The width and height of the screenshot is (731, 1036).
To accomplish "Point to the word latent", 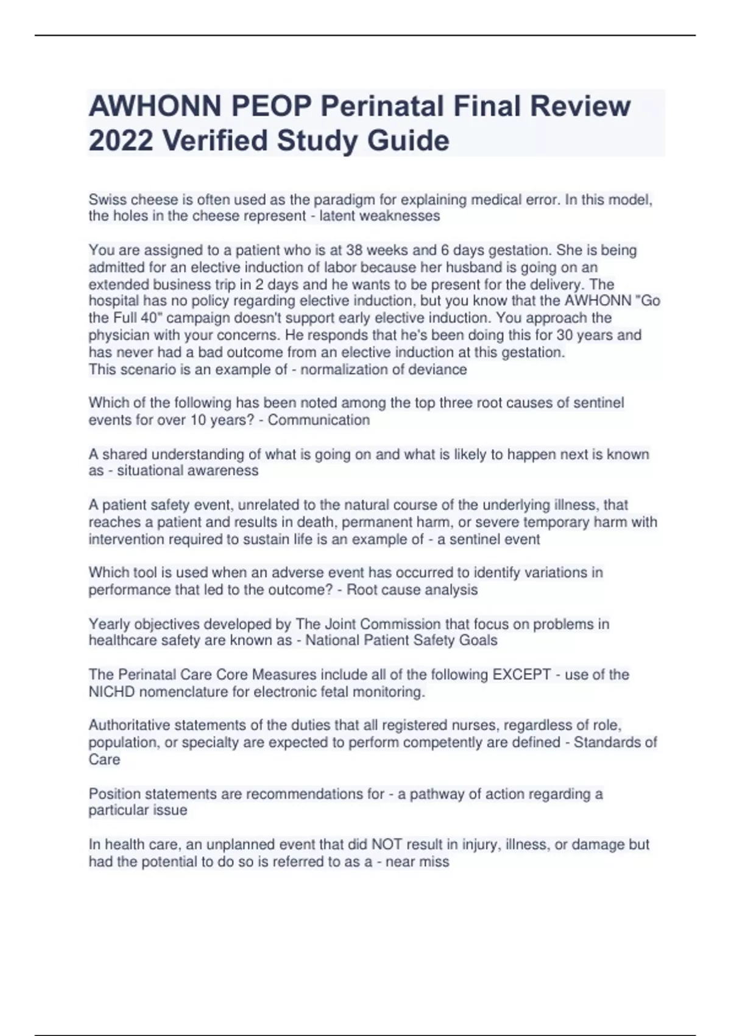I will click(337, 216).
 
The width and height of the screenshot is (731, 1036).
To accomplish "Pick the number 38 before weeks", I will click(355, 250).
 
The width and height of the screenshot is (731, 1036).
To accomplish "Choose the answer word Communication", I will click(319, 420).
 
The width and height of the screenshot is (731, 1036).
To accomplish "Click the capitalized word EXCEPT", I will click(521, 675).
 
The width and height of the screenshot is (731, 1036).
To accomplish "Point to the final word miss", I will click(434, 862).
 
